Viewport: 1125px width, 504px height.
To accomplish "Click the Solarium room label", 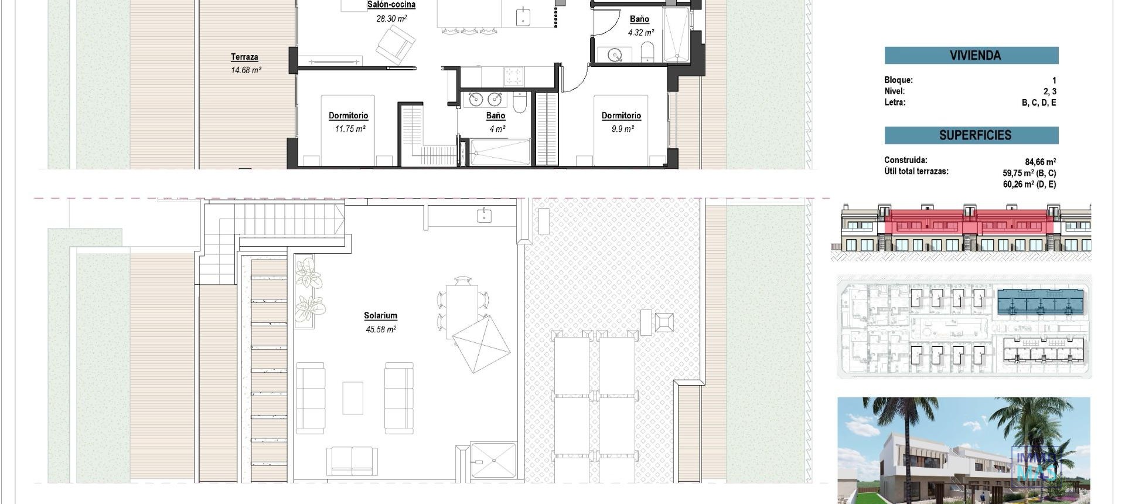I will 380,315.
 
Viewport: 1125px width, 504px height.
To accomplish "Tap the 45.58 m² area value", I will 380,329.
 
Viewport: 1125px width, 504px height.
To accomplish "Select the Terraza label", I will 244,57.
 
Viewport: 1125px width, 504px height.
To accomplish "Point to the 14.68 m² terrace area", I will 246,70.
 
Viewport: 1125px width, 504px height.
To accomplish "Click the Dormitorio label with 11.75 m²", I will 348,115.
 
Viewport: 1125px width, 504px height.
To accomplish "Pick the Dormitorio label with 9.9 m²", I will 621,115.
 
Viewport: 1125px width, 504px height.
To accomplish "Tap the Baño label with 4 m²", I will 496,115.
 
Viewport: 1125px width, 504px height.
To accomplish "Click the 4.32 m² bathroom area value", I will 640,33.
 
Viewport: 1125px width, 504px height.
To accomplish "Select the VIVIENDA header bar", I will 971,56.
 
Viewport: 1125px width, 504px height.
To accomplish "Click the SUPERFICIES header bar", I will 971,135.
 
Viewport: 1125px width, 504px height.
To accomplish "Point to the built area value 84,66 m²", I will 1040,162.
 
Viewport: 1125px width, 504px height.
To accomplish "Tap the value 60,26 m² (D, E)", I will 1029,184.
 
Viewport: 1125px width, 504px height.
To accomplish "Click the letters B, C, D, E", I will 1038,103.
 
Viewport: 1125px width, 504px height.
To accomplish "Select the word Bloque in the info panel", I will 898,80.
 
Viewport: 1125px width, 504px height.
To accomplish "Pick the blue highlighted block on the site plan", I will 1039,302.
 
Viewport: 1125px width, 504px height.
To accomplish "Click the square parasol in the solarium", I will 481,344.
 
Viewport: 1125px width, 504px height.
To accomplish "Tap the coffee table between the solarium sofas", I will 352,398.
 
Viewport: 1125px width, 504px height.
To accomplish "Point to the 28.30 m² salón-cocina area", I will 391,19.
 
